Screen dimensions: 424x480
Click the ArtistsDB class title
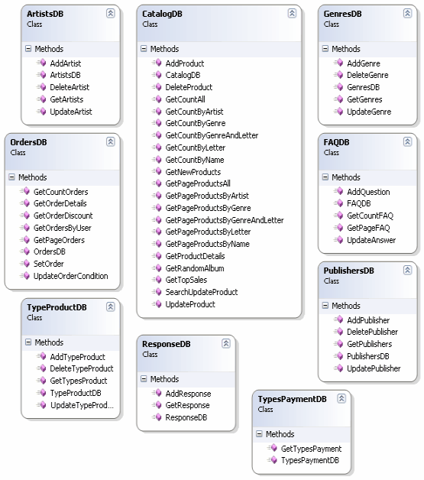tap(45, 14)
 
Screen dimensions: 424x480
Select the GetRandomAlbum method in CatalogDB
tap(195, 268)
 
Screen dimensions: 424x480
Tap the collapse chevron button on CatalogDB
tap(292, 13)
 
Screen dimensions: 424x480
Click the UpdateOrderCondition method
tap(70, 276)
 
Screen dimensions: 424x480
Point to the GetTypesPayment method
tap(311, 449)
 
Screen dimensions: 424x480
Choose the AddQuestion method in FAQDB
tap(368, 192)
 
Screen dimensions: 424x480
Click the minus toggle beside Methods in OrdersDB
tap(11, 177)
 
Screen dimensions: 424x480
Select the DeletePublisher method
tap(372, 332)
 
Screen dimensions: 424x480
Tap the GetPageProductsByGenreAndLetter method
tap(225, 220)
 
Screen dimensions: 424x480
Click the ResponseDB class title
tap(166, 344)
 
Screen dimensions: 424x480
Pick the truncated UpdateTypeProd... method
tap(82, 405)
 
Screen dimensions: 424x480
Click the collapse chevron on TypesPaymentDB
tap(341, 398)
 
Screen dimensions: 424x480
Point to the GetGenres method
tap(364, 99)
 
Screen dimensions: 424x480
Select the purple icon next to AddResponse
tap(158, 392)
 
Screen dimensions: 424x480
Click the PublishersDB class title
tap(348, 271)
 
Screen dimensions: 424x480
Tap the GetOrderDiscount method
tap(63, 216)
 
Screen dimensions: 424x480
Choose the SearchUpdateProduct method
tap(201, 292)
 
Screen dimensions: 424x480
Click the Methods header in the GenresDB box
tap(345, 49)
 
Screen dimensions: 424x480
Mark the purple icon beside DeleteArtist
tap(43, 86)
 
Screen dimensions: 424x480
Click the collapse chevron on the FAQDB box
tap(407, 141)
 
